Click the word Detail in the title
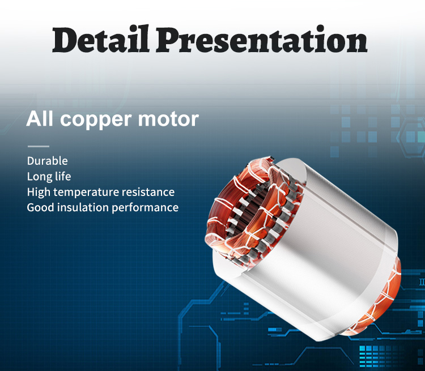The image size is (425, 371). click(x=100, y=39)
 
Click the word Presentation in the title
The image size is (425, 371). click(x=262, y=39)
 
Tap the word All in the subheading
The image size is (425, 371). click(x=40, y=118)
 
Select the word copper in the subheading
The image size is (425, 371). click(x=96, y=120)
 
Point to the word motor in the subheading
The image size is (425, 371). click(x=169, y=119)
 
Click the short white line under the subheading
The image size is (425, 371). click(x=39, y=146)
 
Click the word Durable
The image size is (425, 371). click(x=48, y=161)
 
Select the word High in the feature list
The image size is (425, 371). click(x=39, y=193)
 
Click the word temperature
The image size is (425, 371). click(x=86, y=193)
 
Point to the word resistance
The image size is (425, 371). click(x=148, y=192)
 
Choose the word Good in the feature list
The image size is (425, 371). click(x=41, y=207)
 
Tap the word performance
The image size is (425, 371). click(x=145, y=208)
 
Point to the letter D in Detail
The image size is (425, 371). click(x=66, y=40)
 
